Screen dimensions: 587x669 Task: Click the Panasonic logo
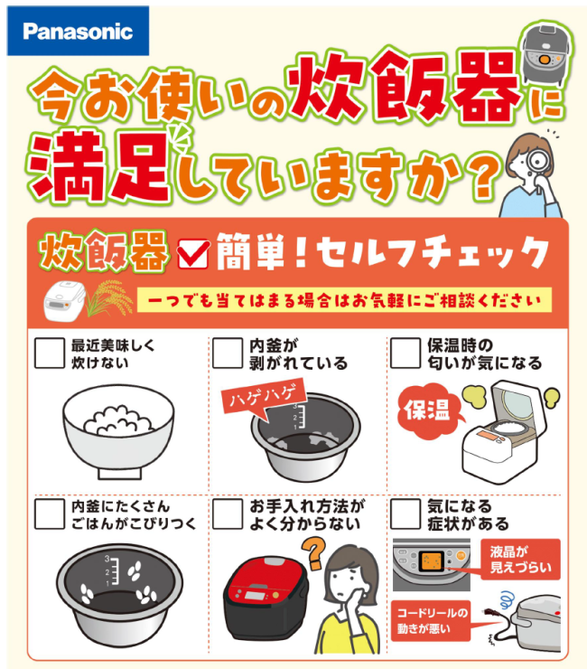[78, 31]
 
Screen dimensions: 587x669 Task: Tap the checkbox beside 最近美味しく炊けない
[50, 353]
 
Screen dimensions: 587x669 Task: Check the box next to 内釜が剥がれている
[228, 353]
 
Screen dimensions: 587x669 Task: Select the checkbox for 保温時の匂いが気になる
[405, 353]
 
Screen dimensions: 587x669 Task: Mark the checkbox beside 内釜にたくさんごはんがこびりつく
[50, 514]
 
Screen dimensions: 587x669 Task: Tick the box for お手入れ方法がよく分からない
[228, 514]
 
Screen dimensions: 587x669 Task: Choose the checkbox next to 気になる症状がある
[405, 514]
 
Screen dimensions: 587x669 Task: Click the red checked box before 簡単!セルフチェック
[193, 254]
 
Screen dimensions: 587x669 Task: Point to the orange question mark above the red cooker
[314, 552]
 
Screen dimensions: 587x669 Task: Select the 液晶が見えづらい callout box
[520, 560]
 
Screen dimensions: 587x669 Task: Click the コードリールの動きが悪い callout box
[431, 621]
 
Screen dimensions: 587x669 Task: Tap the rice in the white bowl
[118, 420]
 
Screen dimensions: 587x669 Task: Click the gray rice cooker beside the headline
[546, 55]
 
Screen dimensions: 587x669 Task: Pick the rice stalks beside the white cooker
[107, 297]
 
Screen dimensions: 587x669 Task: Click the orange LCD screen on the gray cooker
[432, 561]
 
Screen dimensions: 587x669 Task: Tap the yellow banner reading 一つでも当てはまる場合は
[344, 300]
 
